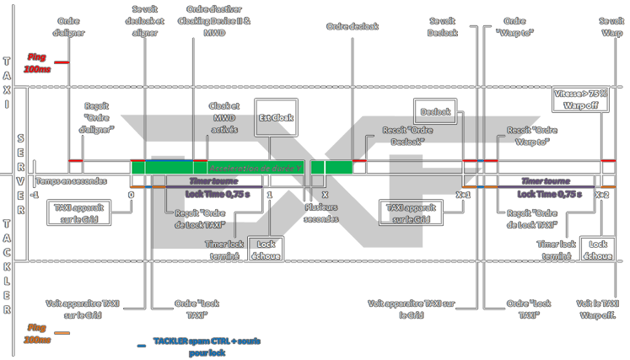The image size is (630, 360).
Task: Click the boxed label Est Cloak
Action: click(277, 119)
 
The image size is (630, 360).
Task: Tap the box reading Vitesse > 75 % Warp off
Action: click(580, 99)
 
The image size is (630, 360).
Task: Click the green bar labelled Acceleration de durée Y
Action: click(255, 169)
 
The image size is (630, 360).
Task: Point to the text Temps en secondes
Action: click(71, 180)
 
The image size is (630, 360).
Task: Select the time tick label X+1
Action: click(463, 194)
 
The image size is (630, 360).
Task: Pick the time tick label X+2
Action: click(601, 194)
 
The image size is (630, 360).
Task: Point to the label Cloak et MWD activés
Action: click(225, 119)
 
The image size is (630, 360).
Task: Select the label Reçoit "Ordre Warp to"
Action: click(532, 137)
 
